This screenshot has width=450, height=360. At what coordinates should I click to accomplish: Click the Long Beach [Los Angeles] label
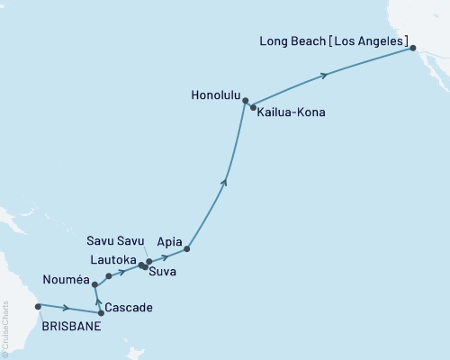tap(332, 41)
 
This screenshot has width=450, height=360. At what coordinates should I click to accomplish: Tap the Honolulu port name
tap(216, 93)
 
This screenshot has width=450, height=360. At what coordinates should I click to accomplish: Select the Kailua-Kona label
tap(291, 113)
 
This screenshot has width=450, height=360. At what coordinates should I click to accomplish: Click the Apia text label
tap(169, 242)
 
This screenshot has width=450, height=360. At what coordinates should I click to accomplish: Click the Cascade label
tap(129, 308)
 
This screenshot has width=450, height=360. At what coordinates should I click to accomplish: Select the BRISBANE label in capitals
tap(71, 327)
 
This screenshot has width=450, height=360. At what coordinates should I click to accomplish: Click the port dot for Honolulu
tap(245, 103)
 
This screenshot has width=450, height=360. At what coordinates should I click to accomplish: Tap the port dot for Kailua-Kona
tap(253, 107)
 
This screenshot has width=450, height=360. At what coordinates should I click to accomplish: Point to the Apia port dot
tap(186, 248)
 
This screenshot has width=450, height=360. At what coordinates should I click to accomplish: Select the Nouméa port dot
tap(94, 284)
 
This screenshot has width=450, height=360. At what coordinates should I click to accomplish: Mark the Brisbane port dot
tap(38, 306)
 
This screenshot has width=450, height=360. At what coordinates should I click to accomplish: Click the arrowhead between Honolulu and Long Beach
tap(325, 76)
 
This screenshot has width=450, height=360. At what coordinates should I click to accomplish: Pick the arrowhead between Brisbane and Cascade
tap(67, 309)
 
